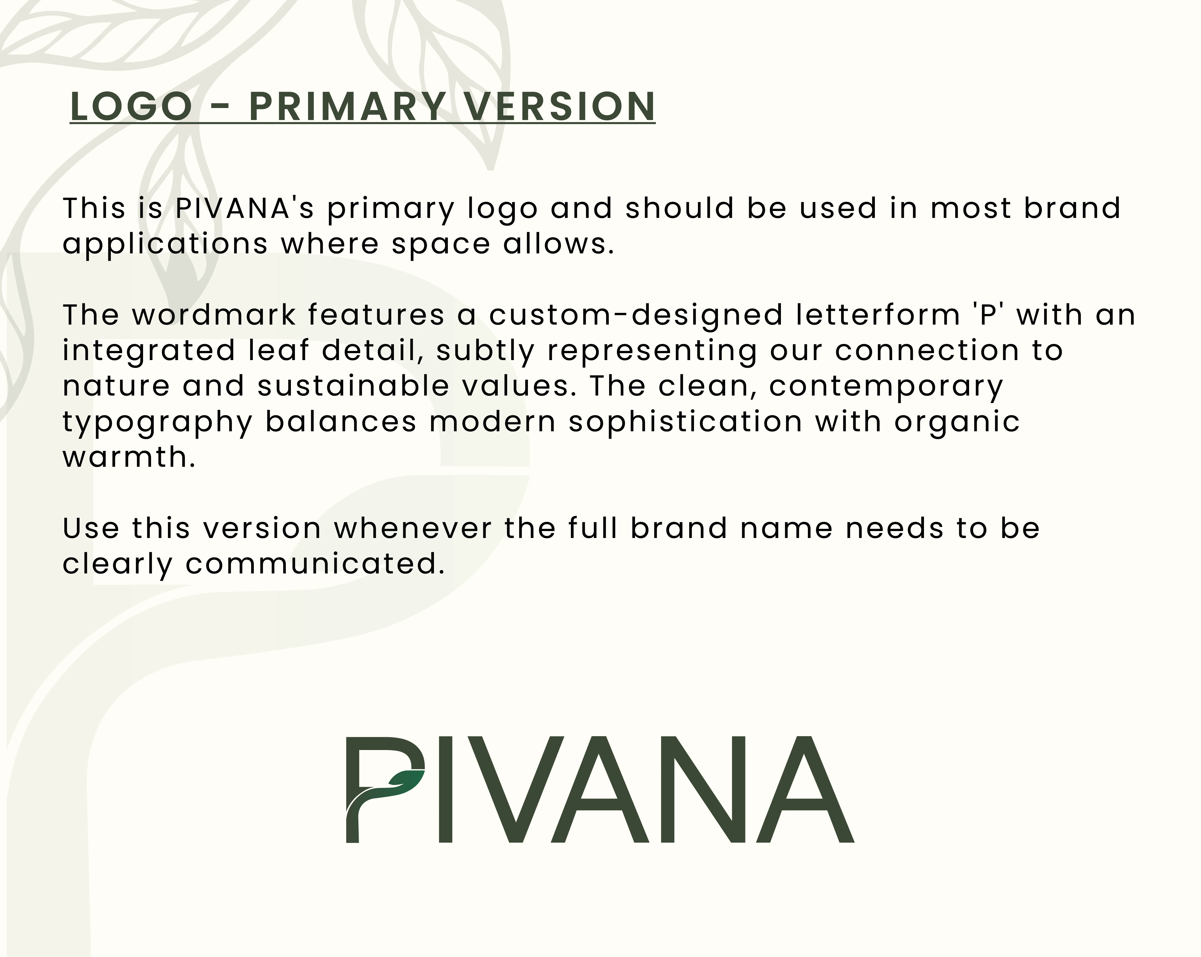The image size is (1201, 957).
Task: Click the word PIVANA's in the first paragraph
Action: [x=244, y=208]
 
